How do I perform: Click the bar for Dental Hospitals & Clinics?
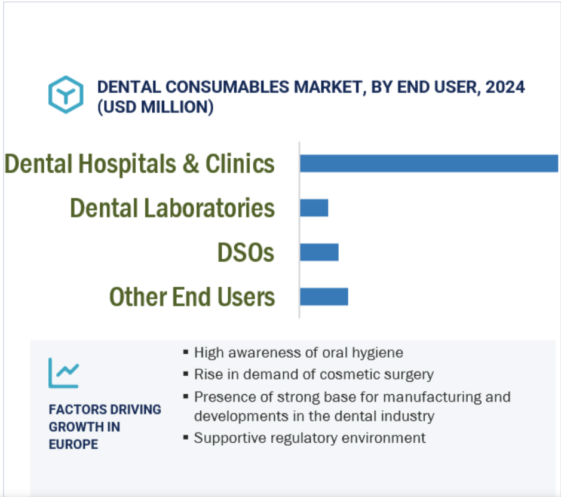click(x=428, y=163)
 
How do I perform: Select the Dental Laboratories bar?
click(x=314, y=208)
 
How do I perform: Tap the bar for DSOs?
click(x=319, y=252)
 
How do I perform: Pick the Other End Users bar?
click(x=324, y=297)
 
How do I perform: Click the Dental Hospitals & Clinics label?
click(x=140, y=164)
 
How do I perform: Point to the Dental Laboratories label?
click(x=173, y=208)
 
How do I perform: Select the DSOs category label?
click(x=246, y=253)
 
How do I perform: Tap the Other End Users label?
click(x=192, y=297)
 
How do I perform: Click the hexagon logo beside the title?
click(x=65, y=94)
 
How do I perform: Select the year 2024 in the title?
click(x=505, y=87)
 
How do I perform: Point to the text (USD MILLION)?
click(x=155, y=108)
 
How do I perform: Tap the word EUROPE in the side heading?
click(x=73, y=444)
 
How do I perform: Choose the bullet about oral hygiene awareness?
click(x=298, y=352)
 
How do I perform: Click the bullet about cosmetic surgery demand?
click(x=314, y=375)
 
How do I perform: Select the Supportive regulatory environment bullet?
click(x=309, y=438)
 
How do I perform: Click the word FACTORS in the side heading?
click(x=75, y=410)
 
